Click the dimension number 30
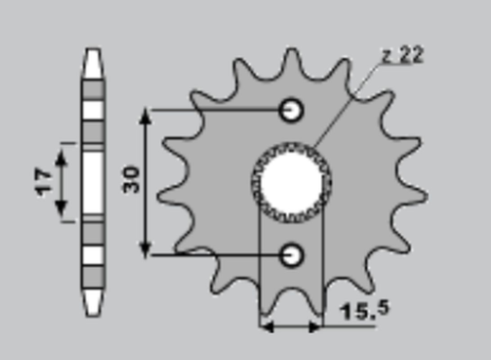tap(131, 180)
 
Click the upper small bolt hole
tap(292, 110)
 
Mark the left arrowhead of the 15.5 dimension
tap(266, 327)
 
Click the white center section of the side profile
tap(92, 181)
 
